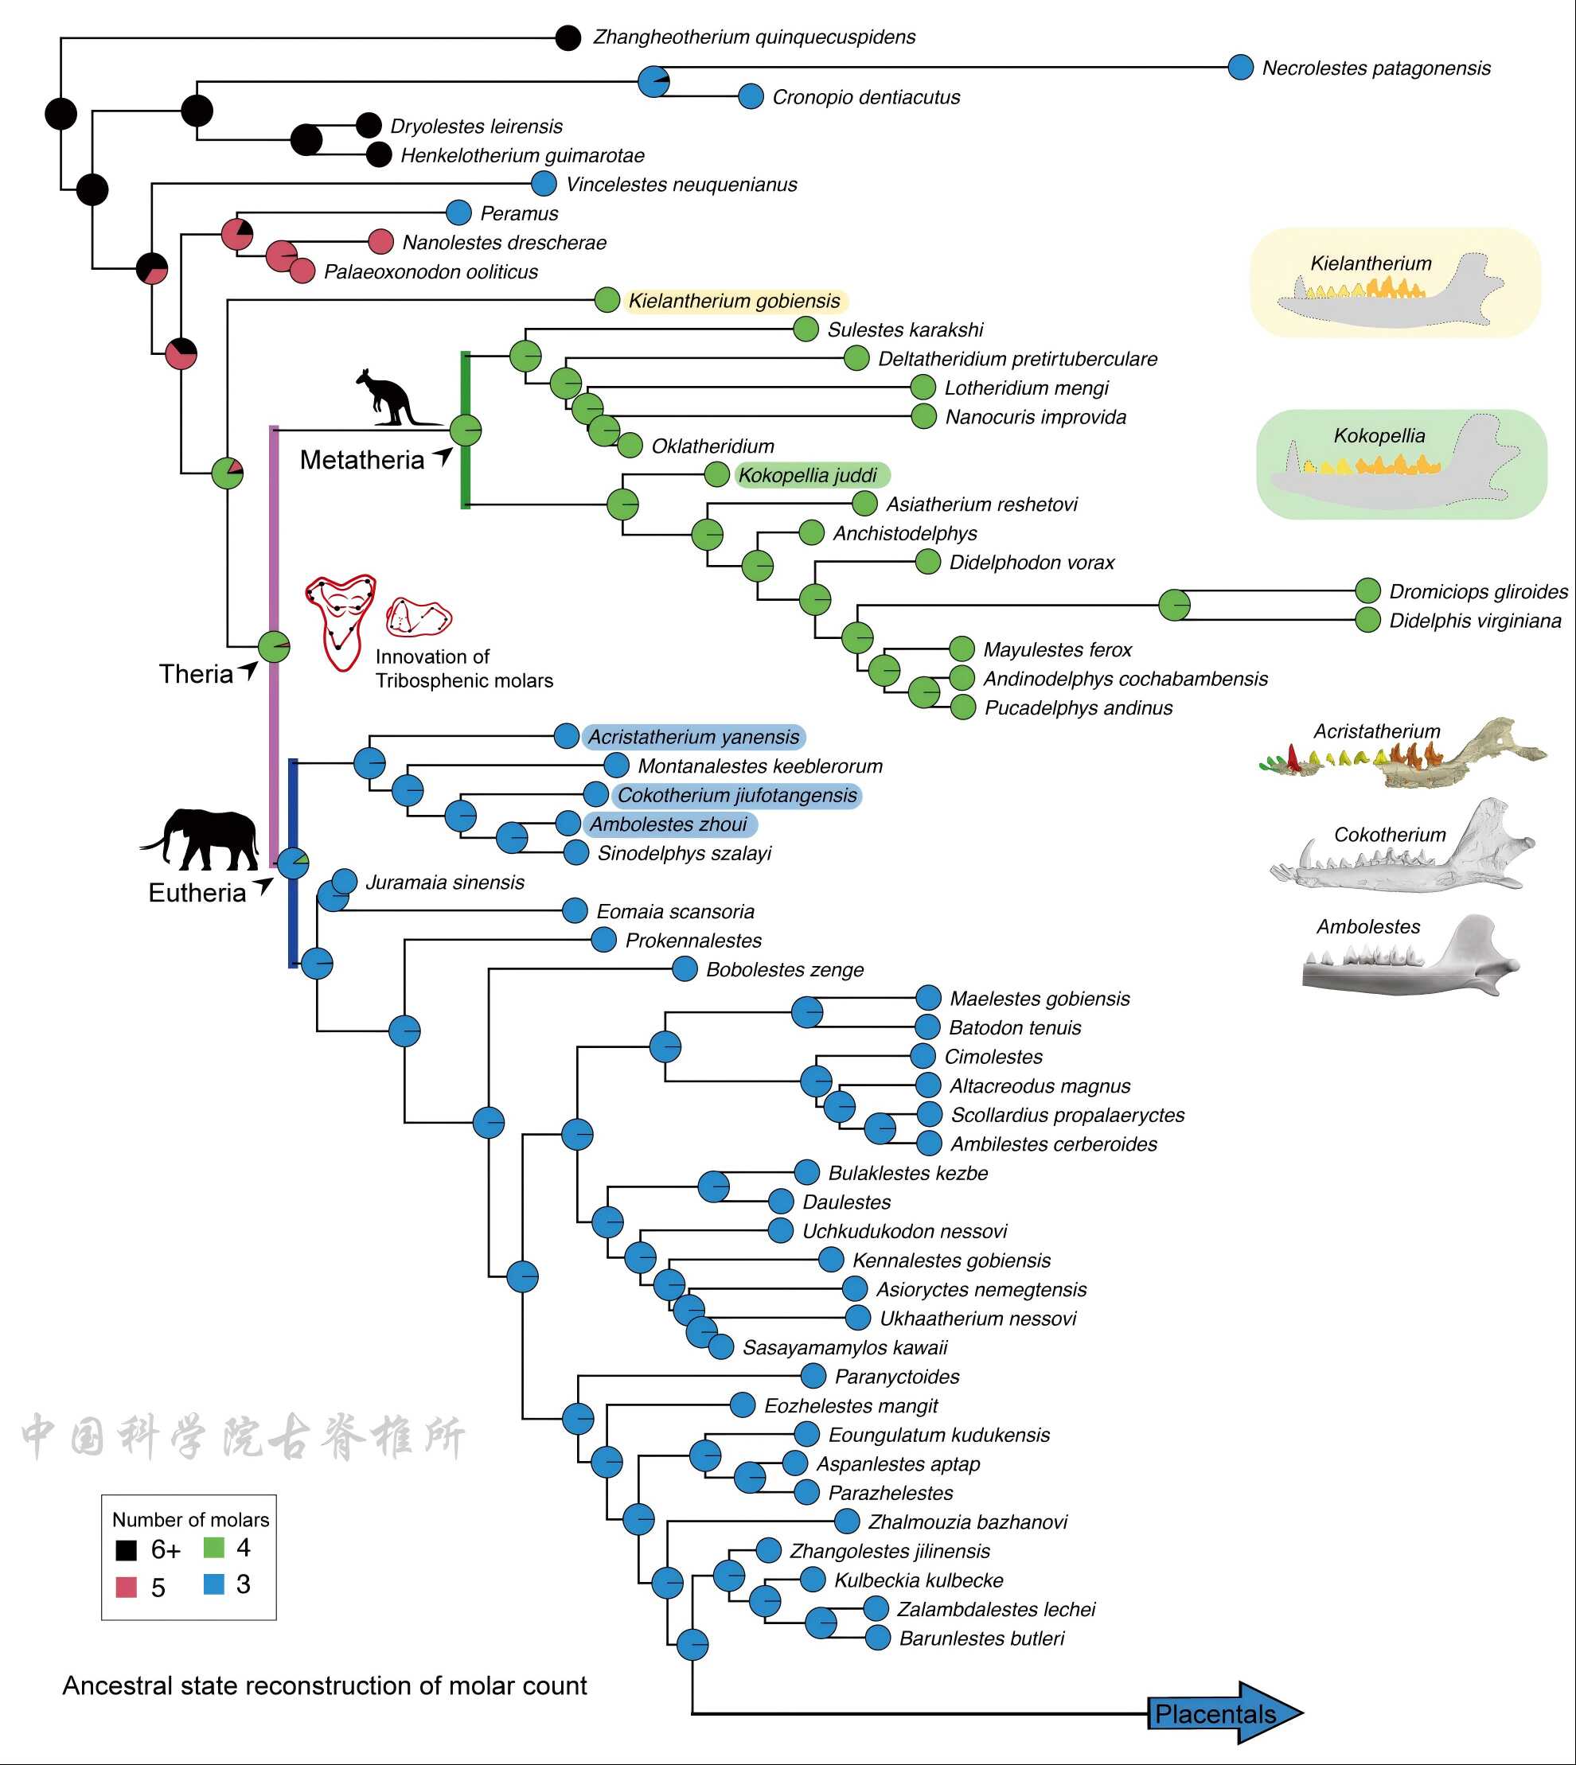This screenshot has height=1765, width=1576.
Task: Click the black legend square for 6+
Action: [127, 1549]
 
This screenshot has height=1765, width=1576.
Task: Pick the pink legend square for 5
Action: [127, 1587]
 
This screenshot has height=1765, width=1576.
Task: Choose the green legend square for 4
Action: [214, 1547]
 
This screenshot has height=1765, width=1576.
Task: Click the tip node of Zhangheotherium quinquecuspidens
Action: [568, 37]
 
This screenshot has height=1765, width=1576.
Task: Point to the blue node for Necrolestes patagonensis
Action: [1241, 68]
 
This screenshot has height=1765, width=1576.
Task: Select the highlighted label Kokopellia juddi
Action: [807, 475]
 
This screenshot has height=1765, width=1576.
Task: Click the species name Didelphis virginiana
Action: [1475, 621]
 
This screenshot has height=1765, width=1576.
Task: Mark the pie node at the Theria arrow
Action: [274, 645]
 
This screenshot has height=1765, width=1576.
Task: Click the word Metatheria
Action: [361, 460]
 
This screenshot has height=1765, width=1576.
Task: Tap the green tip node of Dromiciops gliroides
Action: [1367, 590]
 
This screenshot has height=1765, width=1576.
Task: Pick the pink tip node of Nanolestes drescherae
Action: [381, 243]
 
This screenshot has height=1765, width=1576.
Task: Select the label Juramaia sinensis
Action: [444, 882]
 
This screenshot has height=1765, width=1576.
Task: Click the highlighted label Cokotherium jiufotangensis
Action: [736, 796]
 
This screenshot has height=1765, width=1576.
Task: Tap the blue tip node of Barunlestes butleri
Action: [878, 1638]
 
